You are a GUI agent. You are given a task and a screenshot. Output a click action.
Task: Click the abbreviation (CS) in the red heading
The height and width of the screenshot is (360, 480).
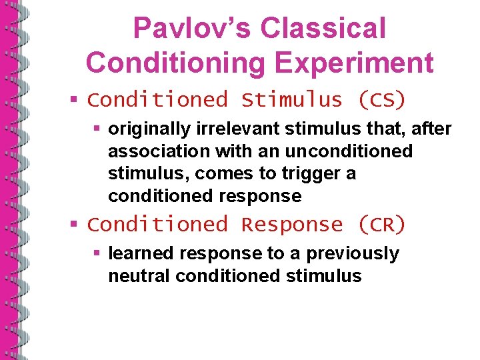click(381, 100)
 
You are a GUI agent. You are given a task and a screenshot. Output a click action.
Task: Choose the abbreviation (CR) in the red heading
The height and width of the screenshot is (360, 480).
click(381, 225)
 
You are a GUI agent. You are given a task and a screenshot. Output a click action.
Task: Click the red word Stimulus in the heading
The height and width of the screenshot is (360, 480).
click(292, 100)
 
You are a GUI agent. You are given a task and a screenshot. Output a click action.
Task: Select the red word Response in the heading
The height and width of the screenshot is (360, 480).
click(292, 225)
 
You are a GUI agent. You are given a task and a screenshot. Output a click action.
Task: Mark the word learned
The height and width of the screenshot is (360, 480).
click(137, 253)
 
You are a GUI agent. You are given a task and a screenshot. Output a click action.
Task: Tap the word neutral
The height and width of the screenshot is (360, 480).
click(132, 276)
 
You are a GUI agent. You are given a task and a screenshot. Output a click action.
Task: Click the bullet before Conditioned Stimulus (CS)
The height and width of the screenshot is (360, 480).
click(75, 100)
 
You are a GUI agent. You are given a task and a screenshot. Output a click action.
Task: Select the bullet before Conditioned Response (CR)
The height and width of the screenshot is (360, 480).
click(75, 225)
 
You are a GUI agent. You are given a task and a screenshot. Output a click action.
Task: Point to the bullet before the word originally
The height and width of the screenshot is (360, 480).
click(97, 128)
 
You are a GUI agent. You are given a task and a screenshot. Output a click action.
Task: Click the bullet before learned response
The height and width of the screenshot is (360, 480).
click(97, 253)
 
